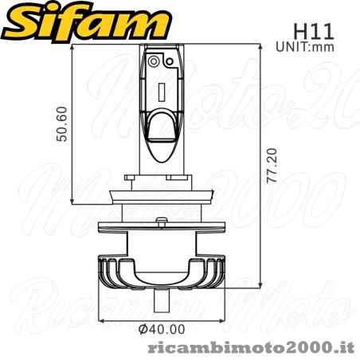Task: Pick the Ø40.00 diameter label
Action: coord(161,328)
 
